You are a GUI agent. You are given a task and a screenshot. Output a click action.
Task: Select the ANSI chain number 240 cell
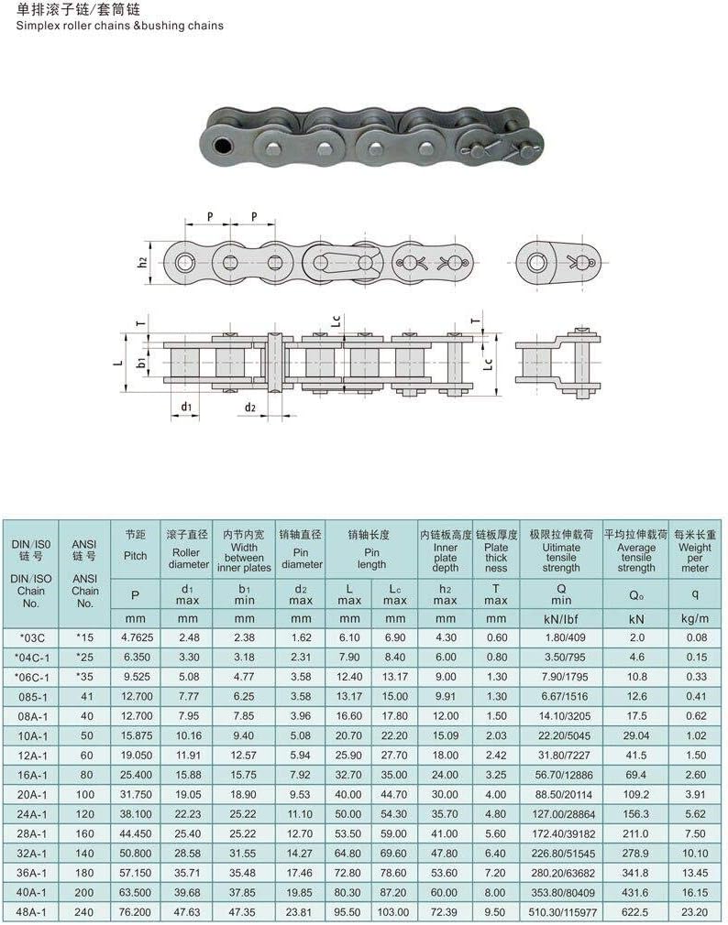pyautogui.click(x=84, y=912)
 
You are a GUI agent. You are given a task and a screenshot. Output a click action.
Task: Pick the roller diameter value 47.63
pyautogui.click(x=188, y=912)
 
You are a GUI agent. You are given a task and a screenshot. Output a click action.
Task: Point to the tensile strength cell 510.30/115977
pyautogui.click(x=561, y=912)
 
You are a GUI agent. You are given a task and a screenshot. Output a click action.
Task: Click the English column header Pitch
pyautogui.click(x=135, y=556)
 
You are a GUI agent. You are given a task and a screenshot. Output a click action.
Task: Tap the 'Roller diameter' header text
pyautogui.click(x=188, y=558)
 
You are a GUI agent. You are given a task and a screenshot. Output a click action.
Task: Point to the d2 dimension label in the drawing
pyautogui.click(x=249, y=407)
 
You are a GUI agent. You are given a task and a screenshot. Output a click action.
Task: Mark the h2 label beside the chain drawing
pyautogui.click(x=143, y=262)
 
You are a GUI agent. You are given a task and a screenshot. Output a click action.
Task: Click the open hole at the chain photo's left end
pyautogui.click(x=220, y=147)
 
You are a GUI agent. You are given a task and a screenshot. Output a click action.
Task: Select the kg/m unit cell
pyautogui.click(x=694, y=617)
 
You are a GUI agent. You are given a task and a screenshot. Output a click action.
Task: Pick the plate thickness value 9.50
pyautogui.click(x=496, y=912)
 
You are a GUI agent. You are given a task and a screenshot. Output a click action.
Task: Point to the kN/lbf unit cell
pyautogui.click(x=561, y=617)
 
